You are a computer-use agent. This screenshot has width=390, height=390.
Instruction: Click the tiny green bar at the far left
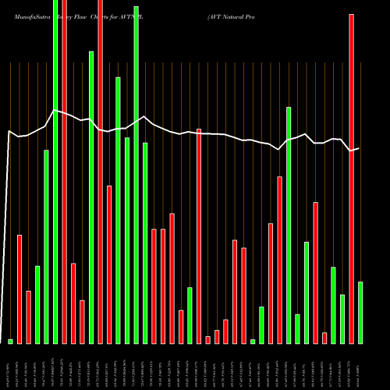10,341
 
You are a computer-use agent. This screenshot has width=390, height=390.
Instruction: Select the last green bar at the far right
360,312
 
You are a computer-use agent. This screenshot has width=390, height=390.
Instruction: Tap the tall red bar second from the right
351,179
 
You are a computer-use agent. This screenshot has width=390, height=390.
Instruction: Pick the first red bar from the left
19,289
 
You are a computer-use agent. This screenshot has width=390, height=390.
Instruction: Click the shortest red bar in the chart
208,339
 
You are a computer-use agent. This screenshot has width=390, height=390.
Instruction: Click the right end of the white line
359,148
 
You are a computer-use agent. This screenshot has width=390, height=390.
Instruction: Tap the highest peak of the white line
55,111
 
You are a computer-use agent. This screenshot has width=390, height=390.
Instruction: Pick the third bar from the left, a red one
28,317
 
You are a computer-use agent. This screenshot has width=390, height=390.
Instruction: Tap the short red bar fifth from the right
324,338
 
